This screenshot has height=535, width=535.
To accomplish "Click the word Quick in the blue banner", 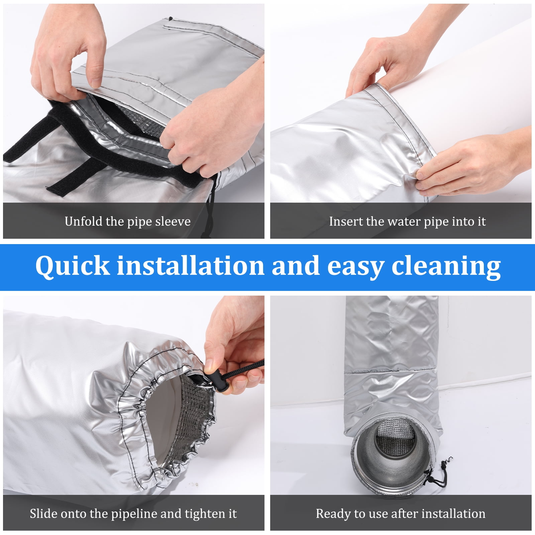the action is pyautogui.click(x=73, y=266).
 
